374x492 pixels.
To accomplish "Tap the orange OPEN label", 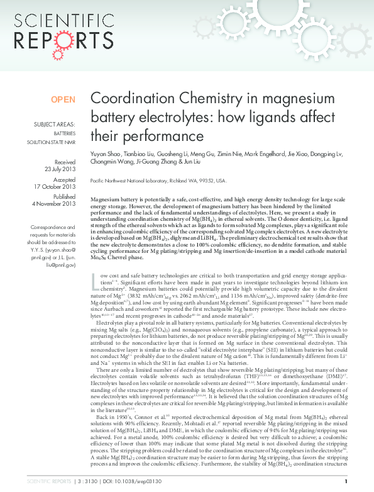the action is (63, 99).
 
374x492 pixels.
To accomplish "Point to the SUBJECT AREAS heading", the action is (55, 125).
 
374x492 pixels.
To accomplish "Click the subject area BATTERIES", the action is (64, 134).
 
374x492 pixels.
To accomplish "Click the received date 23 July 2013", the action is (60, 169).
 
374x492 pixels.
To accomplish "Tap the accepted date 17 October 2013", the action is (55, 186).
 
